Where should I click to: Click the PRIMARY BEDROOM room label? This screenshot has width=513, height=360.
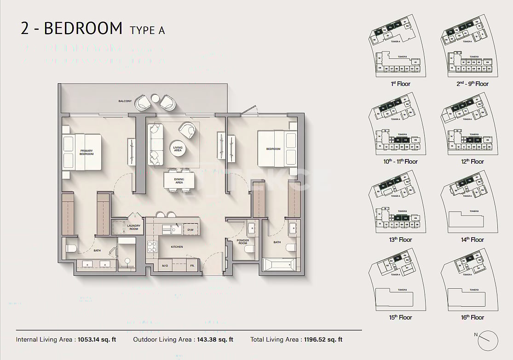pos(86,152)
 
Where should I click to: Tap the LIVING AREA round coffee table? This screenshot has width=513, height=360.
pos(178,148)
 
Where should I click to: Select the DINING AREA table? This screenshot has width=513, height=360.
pos(179,180)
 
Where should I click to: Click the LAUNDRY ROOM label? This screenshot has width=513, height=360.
pos(133,227)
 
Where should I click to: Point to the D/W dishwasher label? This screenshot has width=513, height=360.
pos(190,229)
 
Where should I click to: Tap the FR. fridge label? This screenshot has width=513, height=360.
pos(192,266)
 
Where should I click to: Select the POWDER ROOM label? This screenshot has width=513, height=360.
pos(242,242)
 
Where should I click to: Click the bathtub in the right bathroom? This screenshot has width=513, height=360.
pos(278,265)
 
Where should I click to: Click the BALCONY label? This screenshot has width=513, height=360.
pos(125,101)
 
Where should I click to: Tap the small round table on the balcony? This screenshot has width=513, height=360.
pos(155,98)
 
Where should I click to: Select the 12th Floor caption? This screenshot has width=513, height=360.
pos(472,162)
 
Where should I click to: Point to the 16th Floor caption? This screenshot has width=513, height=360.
pos(472,317)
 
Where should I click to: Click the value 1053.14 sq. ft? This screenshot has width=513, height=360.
pos(98,340)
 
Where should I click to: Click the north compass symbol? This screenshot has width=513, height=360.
pos(487,340)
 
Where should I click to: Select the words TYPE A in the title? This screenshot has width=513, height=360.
pos(147,30)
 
